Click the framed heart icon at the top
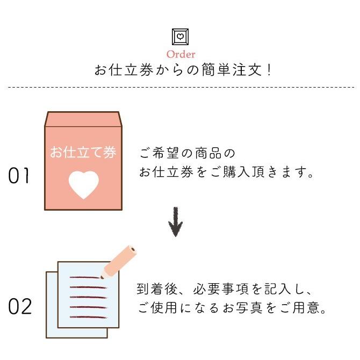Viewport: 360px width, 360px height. (x=181, y=37)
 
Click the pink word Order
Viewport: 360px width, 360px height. (x=181, y=54)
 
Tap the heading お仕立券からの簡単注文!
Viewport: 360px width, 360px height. (x=180, y=71)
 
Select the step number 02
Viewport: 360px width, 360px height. (x=20, y=307)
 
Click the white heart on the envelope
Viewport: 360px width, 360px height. (x=83, y=184)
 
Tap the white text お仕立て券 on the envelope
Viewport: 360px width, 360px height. (x=83, y=152)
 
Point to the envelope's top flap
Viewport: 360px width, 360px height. (x=83, y=119)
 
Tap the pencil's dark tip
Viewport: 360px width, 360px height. (x=103, y=276)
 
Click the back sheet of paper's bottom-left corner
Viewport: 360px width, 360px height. (x=48, y=336)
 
